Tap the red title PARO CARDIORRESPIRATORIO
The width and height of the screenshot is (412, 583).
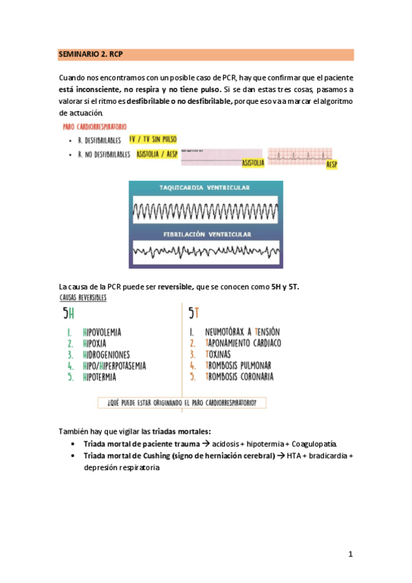[94, 127]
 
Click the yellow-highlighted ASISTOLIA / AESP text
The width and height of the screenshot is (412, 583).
[157, 155]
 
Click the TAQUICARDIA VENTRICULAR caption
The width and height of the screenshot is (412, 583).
[206, 188]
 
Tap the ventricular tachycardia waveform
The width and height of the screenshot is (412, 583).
[206, 210]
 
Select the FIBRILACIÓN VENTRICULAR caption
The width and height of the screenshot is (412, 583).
[206, 234]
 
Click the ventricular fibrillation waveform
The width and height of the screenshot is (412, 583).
[206, 252]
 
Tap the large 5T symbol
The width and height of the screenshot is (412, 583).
[193, 313]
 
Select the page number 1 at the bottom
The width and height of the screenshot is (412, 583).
[350, 554]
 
